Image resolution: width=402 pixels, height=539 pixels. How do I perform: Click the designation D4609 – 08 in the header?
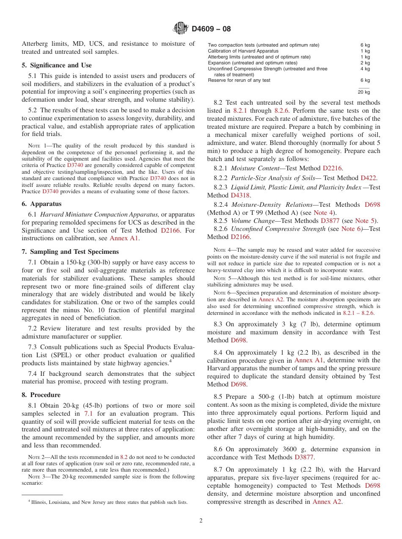(211, 29)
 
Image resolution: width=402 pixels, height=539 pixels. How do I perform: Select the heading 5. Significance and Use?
(56, 65)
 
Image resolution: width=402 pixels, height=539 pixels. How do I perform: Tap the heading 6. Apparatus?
(41, 204)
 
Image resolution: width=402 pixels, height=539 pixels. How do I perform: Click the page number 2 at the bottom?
(201, 521)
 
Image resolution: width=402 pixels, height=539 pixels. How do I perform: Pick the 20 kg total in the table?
(363, 92)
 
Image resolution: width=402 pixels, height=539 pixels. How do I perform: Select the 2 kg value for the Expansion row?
(365, 63)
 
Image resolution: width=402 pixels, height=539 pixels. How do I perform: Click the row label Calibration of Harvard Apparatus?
(243, 51)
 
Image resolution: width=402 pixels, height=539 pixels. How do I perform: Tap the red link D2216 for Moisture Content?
(332, 168)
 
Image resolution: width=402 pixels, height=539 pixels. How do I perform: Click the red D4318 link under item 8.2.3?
(240, 195)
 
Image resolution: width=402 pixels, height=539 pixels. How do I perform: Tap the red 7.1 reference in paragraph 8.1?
(88, 414)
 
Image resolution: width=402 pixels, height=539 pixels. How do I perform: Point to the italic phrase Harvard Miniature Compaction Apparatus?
(99, 214)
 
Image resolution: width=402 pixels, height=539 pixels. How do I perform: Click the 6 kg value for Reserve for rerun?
(365, 80)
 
